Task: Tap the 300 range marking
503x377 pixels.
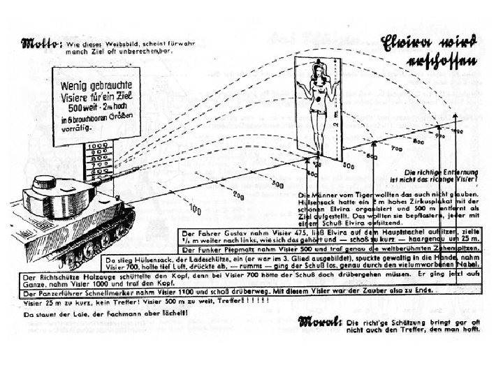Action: coord(278,184)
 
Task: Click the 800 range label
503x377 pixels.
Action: coord(419,142)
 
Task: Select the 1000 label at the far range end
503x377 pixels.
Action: coord(457,131)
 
